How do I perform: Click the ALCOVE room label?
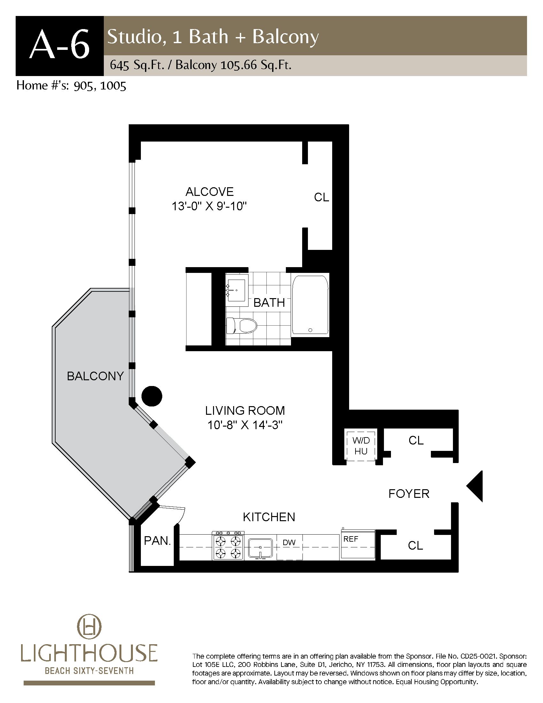point(210,192)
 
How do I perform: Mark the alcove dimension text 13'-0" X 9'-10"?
point(210,206)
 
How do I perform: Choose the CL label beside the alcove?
point(321,197)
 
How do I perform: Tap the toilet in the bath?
point(241,326)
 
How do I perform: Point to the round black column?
point(152,396)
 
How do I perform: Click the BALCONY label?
point(95,376)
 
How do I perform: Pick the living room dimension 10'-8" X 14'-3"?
point(245,425)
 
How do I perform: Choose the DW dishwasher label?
point(289,542)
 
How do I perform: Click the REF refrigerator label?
point(351,539)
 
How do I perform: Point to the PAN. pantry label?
point(157,541)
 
